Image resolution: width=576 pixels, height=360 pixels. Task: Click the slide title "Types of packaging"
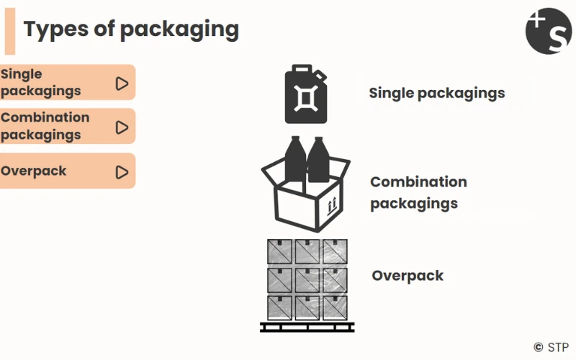pyautogui.click(x=131, y=29)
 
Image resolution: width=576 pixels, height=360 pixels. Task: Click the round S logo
pyautogui.click(x=549, y=31)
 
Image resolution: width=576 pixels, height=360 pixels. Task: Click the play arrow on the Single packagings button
pyautogui.click(x=122, y=84)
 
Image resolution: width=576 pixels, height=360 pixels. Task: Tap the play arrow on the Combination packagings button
pyautogui.click(x=122, y=127)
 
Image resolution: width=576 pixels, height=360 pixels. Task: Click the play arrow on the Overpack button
pyautogui.click(x=122, y=172)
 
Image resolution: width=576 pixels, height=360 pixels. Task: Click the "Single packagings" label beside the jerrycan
pyautogui.click(x=436, y=93)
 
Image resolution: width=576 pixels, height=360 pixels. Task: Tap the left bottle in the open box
pyautogui.click(x=294, y=160)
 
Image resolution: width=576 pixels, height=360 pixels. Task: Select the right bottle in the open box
pyautogui.click(x=318, y=160)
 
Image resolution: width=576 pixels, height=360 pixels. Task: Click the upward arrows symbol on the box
pyautogui.click(x=332, y=207)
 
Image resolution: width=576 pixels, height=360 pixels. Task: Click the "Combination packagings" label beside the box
pyautogui.click(x=418, y=192)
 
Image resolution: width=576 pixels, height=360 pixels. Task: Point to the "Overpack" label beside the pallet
pyautogui.click(x=408, y=276)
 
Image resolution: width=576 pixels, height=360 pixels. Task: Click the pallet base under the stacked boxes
pyautogui.click(x=307, y=327)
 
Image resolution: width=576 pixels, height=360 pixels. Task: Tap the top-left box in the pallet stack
pyautogui.click(x=279, y=251)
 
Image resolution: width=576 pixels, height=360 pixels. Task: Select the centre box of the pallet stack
pyautogui.click(x=307, y=279)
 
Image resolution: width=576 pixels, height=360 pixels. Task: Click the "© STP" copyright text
pyautogui.click(x=552, y=346)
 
